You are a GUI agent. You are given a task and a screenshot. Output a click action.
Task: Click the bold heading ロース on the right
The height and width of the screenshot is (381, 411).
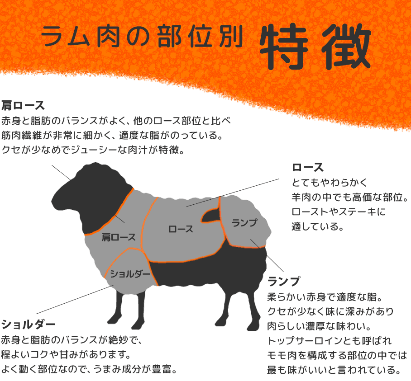308,167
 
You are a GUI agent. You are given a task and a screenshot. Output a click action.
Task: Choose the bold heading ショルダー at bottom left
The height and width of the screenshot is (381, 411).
29,324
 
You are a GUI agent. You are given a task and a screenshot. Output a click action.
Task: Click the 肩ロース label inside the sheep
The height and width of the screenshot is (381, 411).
119,236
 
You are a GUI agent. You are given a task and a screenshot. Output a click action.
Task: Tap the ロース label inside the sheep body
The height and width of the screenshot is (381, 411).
181,229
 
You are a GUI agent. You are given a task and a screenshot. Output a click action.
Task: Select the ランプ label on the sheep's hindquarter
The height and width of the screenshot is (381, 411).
244,223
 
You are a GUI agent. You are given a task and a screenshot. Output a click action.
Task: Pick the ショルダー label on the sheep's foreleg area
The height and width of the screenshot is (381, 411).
130,273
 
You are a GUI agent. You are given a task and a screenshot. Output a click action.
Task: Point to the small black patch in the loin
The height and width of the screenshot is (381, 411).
210,216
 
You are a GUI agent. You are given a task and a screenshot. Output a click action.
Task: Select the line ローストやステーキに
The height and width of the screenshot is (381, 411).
339,212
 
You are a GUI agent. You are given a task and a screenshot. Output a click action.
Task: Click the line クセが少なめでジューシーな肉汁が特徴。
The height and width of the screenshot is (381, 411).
93,150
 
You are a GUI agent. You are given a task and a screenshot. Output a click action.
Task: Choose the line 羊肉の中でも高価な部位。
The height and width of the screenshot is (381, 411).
350,197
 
